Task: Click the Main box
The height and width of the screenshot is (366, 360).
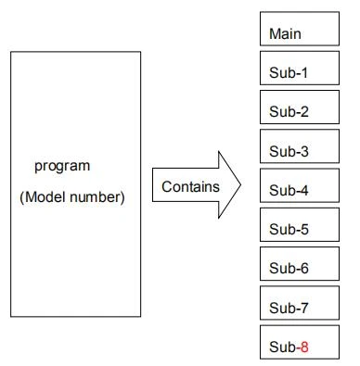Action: [300, 29]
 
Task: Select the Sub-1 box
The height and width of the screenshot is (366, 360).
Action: [300, 68]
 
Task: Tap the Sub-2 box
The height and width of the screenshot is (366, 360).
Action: [300, 107]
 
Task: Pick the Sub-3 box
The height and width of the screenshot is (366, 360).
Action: [300, 146]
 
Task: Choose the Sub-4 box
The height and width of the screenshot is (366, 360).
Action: [300, 185]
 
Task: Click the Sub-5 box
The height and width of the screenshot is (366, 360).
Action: [300, 224]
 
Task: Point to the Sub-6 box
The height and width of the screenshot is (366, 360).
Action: [300, 264]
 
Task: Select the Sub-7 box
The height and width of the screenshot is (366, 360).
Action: [300, 303]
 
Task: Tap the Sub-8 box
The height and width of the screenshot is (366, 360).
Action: [300, 342]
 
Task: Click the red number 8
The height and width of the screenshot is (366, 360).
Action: [304, 347]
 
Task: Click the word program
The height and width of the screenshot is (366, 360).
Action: [62, 167]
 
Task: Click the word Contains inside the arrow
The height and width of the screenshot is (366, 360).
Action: [190, 187]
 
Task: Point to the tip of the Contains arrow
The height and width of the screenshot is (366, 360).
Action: [240, 185]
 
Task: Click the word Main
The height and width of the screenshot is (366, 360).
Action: [285, 33]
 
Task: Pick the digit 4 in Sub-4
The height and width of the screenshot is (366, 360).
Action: [304, 190]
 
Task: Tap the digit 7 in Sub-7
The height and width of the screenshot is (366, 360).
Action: [304, 308]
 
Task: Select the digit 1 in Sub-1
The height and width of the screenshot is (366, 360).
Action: [304, 72]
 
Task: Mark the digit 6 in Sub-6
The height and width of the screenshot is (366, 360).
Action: [304, 269]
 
